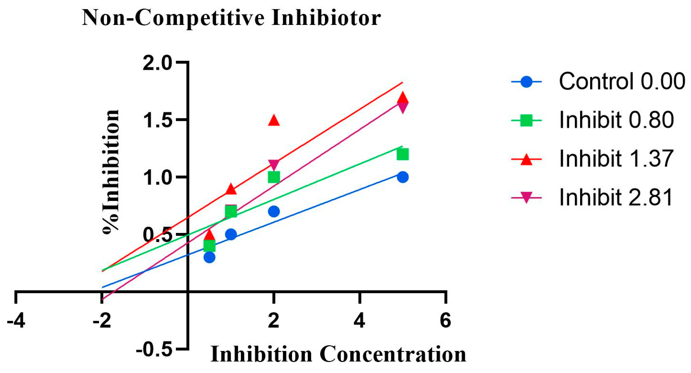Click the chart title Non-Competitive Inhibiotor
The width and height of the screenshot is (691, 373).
(x=231, y=18)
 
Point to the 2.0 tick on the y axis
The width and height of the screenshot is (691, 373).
(x=158, y=63)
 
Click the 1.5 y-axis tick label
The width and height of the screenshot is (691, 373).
(x=158, y=120)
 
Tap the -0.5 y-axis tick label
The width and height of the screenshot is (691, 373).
(x=154, y=350)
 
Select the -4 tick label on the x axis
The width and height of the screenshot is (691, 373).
(x=16, y=321)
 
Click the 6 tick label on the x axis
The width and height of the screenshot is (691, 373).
(x=445, y=321)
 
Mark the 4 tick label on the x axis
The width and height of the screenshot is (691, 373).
(x=359, y=321)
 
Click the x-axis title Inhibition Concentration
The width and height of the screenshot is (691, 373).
(x=338, y=355)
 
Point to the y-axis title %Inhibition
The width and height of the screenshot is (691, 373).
(x=111, y=172)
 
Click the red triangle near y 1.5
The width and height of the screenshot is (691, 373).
(x=274, y=120)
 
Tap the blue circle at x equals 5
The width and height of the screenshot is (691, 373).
(x=403, y=177)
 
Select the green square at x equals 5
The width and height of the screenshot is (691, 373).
(x=403, y=155)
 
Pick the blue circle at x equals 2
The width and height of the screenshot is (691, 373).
(x=274, y=212)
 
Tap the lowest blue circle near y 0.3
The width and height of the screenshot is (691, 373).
(x=210, y=257)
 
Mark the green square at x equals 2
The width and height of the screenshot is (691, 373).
(x=274, y=177)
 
